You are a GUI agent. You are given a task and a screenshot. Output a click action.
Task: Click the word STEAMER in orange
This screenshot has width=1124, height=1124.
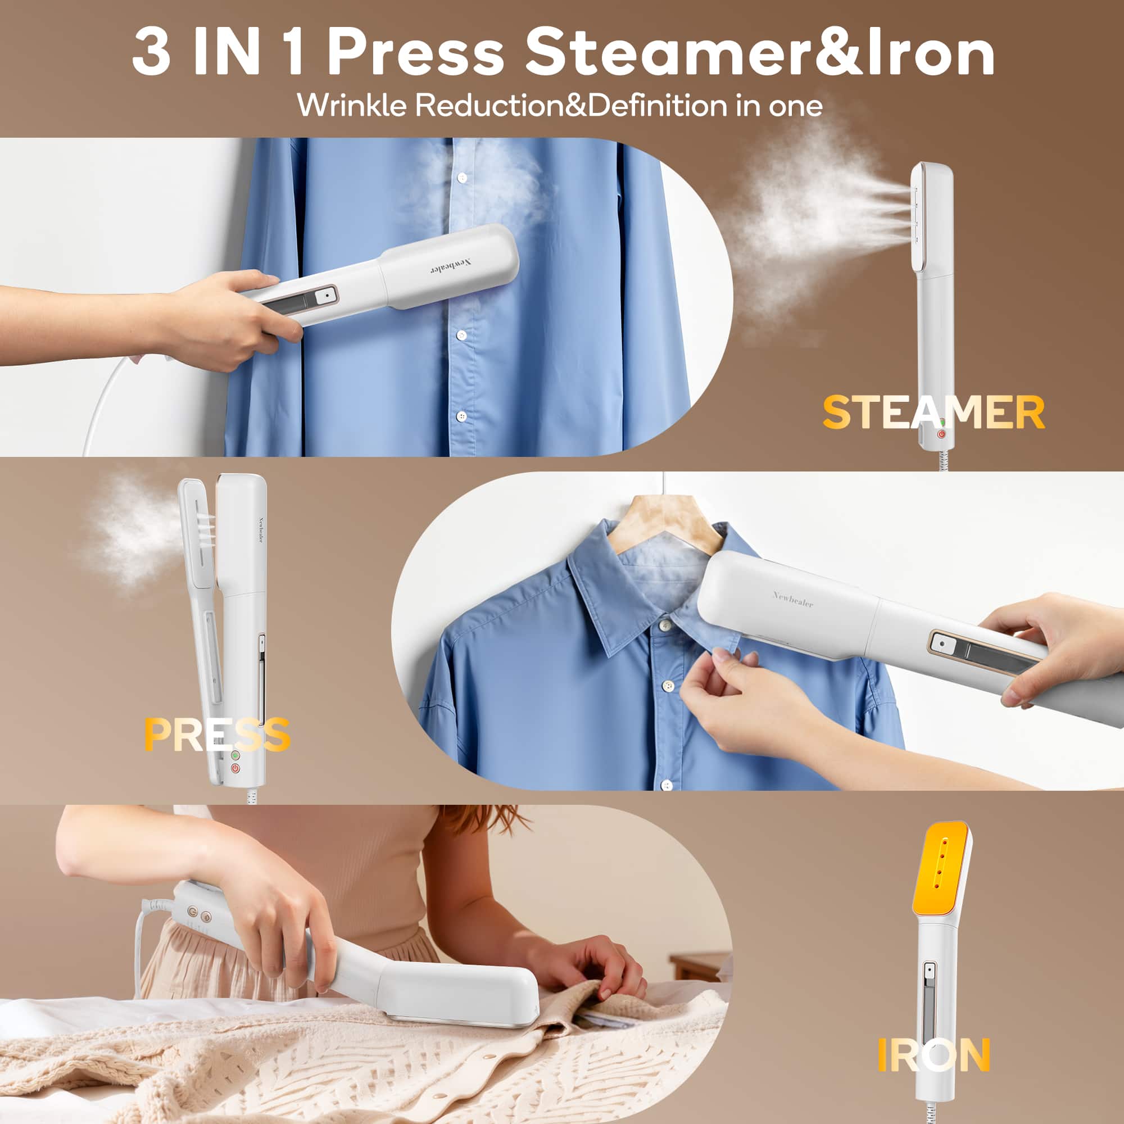click(933, 413)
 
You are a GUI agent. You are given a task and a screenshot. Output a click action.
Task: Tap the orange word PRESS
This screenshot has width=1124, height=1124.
click(217, 735)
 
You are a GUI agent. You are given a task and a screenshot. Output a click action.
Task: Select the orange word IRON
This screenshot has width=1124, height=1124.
click(933, 1055)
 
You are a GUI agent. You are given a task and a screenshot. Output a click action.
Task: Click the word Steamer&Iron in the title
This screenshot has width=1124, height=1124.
click(759, 53)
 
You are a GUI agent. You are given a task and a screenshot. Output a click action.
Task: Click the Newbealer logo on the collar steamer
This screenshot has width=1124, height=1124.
click(792, 599)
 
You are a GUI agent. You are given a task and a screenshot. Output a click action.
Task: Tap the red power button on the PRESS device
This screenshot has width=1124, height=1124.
click(235, 768)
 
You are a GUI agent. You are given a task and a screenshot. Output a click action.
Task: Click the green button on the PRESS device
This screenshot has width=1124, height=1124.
click(235, 755)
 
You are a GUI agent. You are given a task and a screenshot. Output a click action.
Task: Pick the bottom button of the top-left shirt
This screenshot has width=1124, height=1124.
click(461, 416)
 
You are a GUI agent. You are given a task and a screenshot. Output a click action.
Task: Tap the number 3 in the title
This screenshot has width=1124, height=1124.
click(152, 53)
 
